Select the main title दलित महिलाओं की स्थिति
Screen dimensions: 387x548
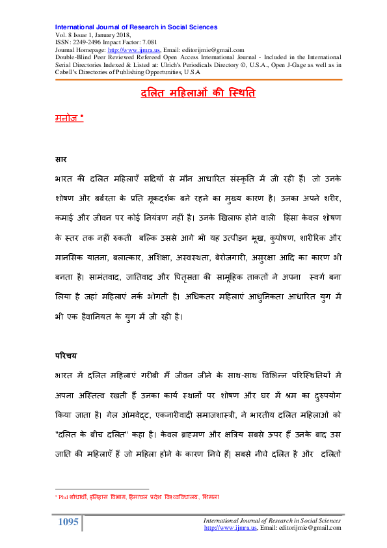click(x=198, y=92)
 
